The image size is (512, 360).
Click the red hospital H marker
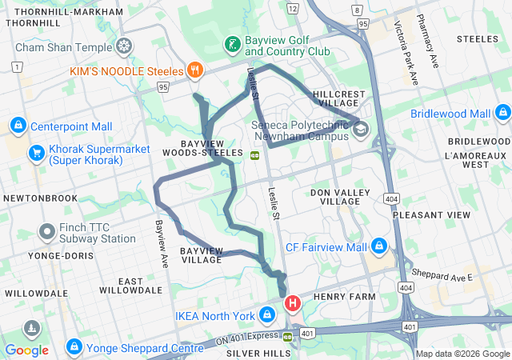(294, 303)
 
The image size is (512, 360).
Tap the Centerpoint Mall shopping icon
(18, 126)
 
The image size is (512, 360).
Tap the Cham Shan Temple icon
(124, 46)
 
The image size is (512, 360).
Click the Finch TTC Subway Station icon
(46, 233)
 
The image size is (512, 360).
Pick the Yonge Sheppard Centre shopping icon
(74, 347)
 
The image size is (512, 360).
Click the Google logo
(26, 350)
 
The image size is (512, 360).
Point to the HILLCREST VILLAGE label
(340, 98)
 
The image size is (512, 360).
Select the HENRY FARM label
(343, 298)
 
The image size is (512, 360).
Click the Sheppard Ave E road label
(438, 278)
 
